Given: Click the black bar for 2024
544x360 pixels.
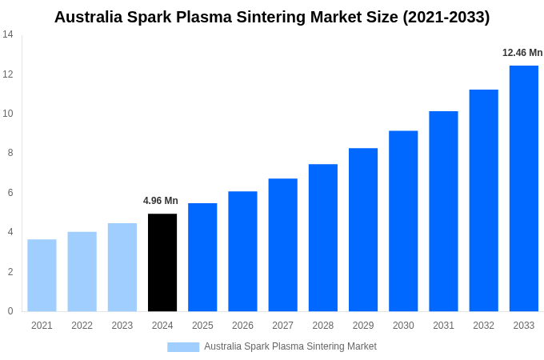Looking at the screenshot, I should [162, 262].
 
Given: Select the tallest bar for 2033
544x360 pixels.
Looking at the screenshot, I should [523, 189].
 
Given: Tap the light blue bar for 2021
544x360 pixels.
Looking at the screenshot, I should [42, 275].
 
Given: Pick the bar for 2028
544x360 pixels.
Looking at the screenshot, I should [322, 238].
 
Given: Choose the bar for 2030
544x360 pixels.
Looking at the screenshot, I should [403, 221].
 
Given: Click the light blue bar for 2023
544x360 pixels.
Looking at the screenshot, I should [122, 267].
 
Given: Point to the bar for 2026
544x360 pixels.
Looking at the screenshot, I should [242, 251].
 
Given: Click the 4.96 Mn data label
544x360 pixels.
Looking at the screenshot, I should [161, 201].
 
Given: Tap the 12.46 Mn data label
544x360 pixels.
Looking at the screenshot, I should [522, 53].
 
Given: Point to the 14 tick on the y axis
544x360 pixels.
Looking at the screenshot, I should [8, 34].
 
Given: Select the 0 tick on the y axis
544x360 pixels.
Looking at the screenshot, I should [10, 311].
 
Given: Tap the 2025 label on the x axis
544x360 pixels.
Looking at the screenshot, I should [202, 326].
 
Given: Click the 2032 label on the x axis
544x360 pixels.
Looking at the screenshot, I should [483, 326].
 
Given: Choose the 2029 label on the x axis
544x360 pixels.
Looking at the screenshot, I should [363, 326].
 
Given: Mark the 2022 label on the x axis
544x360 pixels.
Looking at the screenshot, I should [82, 326].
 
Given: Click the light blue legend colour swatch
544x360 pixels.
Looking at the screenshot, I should [183, 346].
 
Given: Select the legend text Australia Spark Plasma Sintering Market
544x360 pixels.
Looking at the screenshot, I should [290, 346].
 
